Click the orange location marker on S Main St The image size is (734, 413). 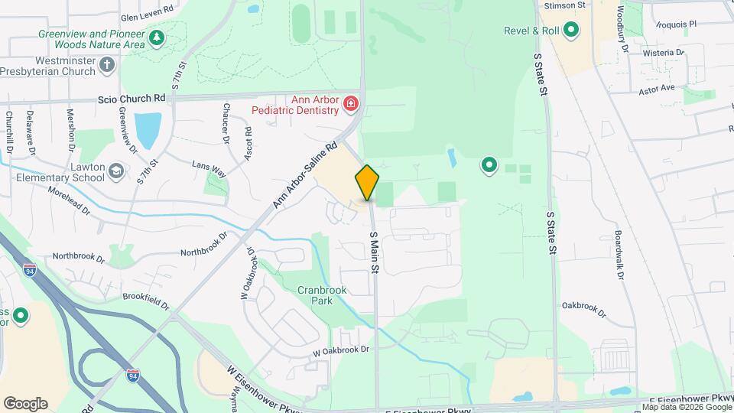pyautogui.click(x=367, y=183)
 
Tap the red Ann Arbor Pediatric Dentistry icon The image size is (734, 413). pyautogui.click(x=351, y=103)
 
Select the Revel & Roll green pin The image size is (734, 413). pyautogui.click(x=570, y=31)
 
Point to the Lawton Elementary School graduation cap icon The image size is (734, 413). pyautogui.click(x=115, y=170)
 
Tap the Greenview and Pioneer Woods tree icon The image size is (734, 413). pyautogui.click(x=157, y=37)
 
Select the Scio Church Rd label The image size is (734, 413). pyautogui.click(x=132, y=99)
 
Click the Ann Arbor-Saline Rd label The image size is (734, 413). pyautogui.click(x=305, y=175)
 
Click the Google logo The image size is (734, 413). pyautogui.click(x=25, y=404)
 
